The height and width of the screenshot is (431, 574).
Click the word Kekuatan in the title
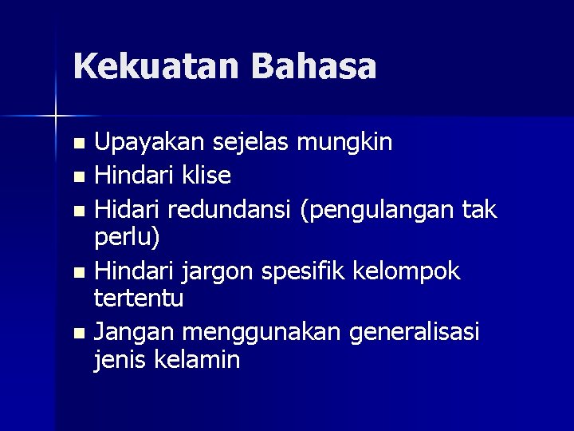tap(155, 66)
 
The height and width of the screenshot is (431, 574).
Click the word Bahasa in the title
tap(313, 66)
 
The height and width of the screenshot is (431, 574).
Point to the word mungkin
tap(344, 144)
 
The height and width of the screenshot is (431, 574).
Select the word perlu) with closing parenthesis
tap(128, 238)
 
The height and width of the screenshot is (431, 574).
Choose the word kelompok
tap(413, 272)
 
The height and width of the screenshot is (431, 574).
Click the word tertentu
tap(139, 299)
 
